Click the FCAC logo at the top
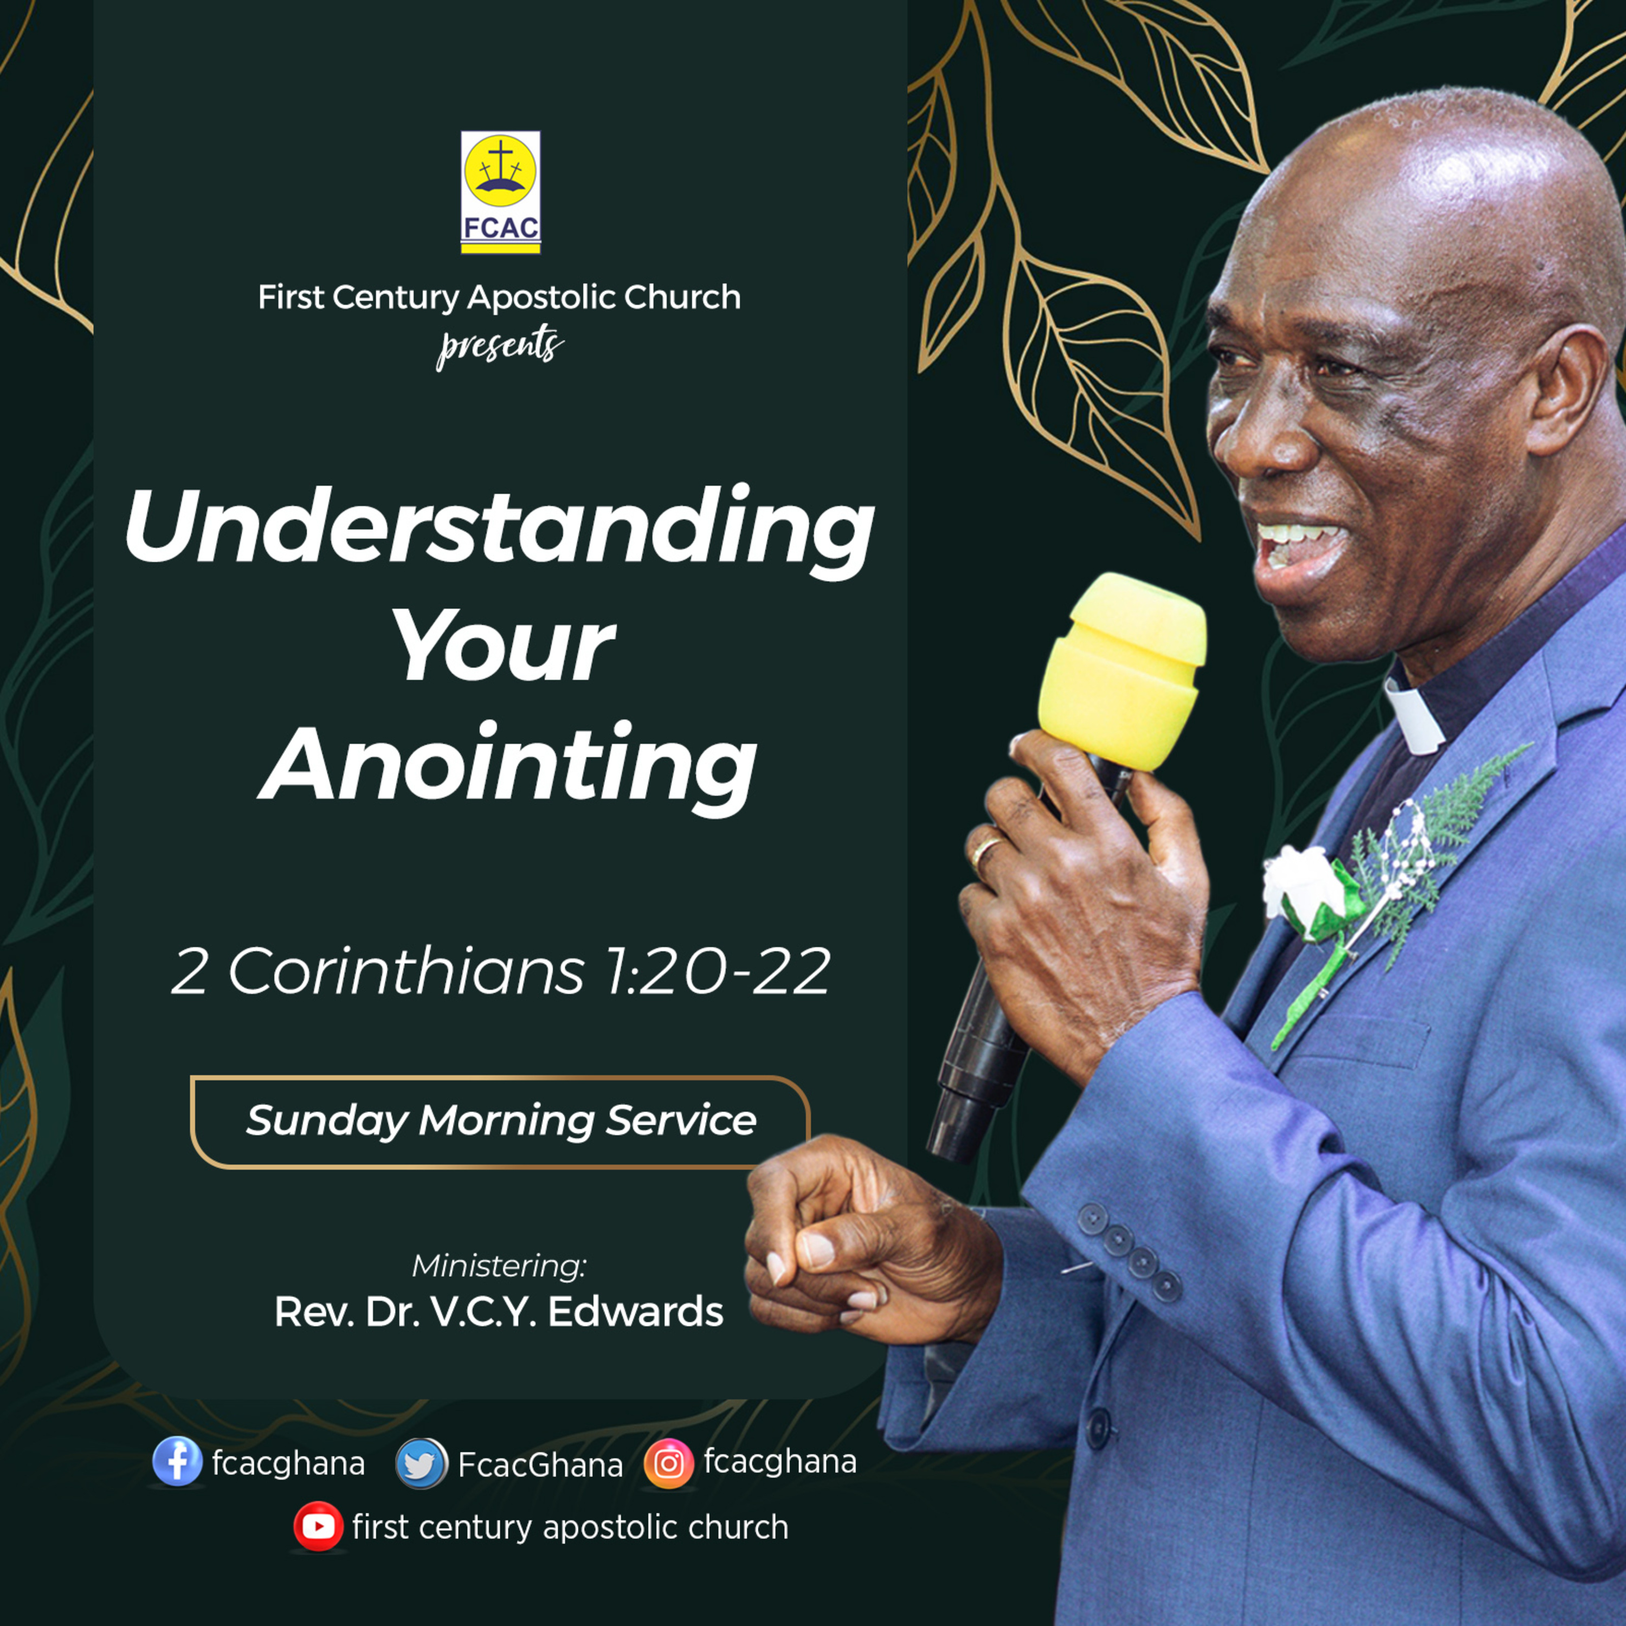[x=500, y=192]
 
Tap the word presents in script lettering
[x=500, y=345]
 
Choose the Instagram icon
[x=668, y=1463]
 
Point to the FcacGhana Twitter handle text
[x=540, y=1465]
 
